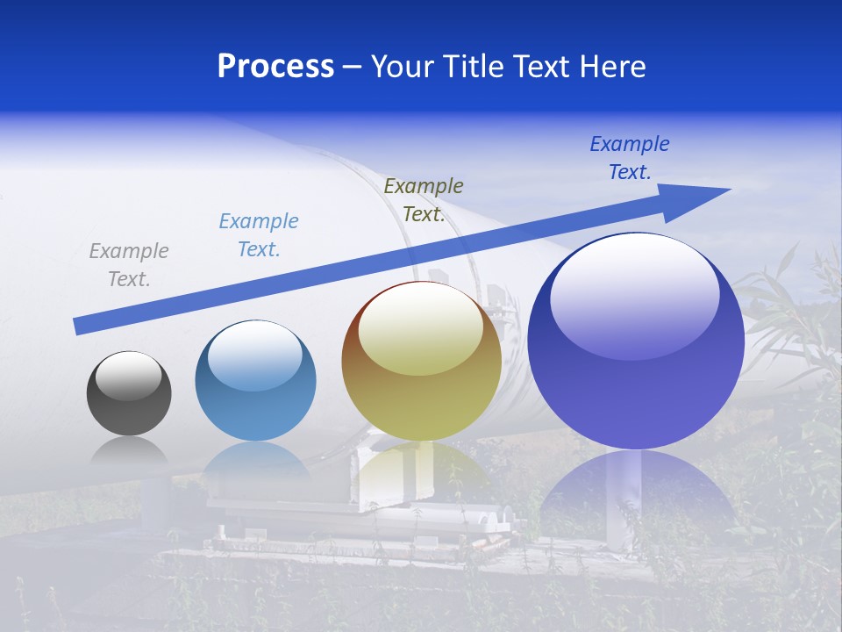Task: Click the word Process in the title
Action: pyautogui.click(x=275, y=67)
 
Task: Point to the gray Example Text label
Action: pyautogui.click(x=129, y=265)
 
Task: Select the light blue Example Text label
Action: pyautogui.click(x=259, y=235)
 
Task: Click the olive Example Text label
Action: pyautogui.click(x=424, y=200)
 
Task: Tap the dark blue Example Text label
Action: pyautogui.click(x=630, y=158)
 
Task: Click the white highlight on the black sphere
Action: pyautogui.click(x=129, y=375)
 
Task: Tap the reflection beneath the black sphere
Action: pyautogui.click(x=129, y=453)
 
